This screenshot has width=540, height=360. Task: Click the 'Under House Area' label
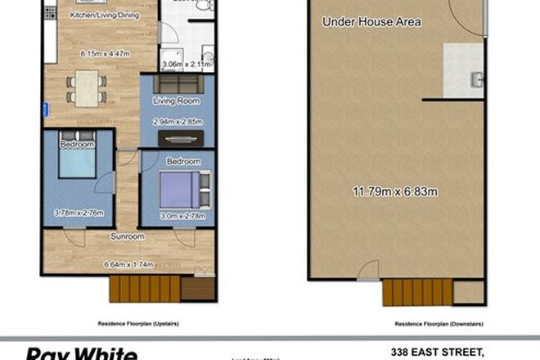[x=371, y=22]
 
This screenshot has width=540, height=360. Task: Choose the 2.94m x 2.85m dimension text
[x=177, y=121]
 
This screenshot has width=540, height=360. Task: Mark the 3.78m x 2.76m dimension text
[x=79, y=214]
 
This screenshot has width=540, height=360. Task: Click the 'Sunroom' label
[x=128, y=236]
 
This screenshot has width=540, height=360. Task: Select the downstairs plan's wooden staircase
[x=416, y=291]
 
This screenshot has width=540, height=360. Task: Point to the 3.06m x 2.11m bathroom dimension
[x=185, y=63]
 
